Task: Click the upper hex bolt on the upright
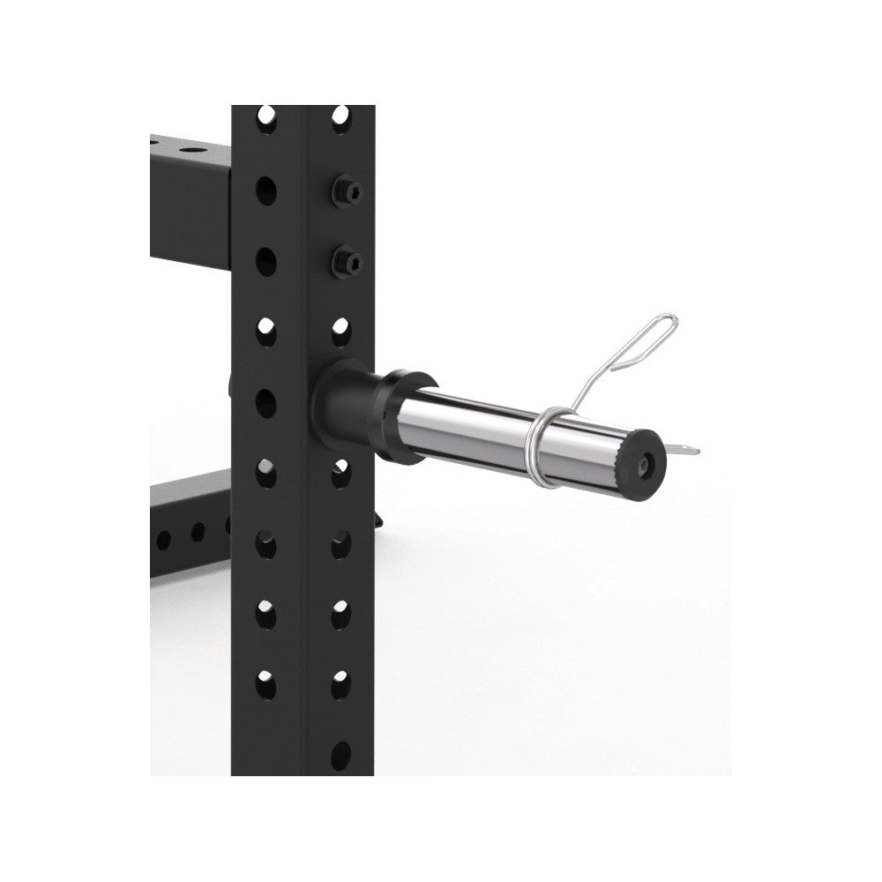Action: tap(346, 191)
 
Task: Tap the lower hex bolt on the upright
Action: tap(346, 260)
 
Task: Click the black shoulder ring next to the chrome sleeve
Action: tap(405, 415)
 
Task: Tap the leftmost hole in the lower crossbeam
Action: tap(163, 538)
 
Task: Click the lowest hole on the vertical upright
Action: tap(340, 757)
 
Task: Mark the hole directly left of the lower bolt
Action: tap(265, 261)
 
